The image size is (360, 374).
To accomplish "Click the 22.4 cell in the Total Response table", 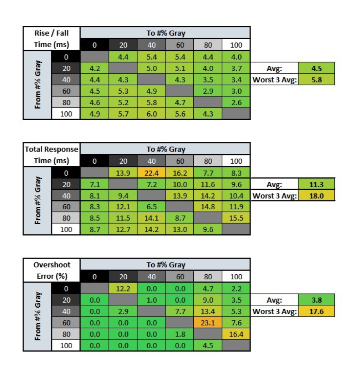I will point(151,174).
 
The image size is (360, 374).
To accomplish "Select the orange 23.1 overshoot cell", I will point(208,323).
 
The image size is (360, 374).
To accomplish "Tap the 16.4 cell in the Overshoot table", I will point(236,334).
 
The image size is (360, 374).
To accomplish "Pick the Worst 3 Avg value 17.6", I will point(316,311).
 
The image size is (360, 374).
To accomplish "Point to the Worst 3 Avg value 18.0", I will point(316,196).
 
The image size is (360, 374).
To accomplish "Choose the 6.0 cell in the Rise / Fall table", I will point(151,114).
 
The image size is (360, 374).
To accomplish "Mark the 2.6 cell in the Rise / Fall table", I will point(236,103).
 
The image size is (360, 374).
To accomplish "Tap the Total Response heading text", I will point(52,149).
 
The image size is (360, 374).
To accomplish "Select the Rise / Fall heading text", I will point(52,33).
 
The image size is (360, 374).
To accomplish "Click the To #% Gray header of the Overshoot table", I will point(166,265).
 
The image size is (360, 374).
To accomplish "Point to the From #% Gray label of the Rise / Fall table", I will point(37,85).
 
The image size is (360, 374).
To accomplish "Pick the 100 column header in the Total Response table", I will point(236,161).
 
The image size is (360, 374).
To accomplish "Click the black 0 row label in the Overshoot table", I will point(66,288).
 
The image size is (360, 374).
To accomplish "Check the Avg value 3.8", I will point(316,300).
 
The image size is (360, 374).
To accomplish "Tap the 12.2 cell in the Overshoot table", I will point(123,288).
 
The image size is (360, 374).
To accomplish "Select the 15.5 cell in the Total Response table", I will point(236,218).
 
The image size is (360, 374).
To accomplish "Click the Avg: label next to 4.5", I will point(274,69).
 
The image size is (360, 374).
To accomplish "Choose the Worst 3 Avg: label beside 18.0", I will point(274,196).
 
